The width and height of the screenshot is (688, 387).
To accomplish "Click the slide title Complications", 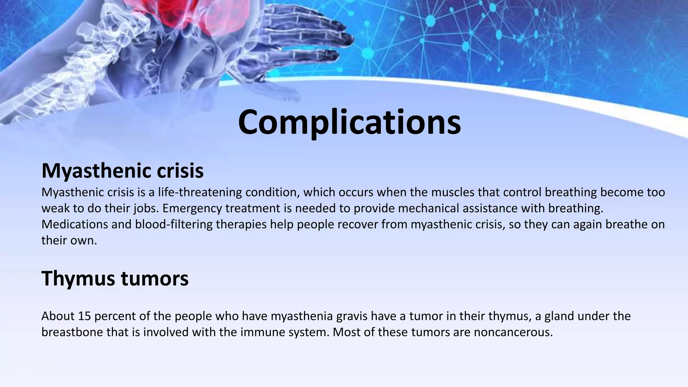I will pos(349,122).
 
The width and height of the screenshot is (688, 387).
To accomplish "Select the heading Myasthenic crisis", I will pos(122,171).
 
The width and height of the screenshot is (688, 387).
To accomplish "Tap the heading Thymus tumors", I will pos(115,278).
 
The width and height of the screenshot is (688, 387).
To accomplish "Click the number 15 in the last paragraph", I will pos(84,316).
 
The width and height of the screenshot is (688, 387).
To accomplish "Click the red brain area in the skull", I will pos(188,13).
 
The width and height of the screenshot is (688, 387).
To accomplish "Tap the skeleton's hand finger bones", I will pos(302,34).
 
